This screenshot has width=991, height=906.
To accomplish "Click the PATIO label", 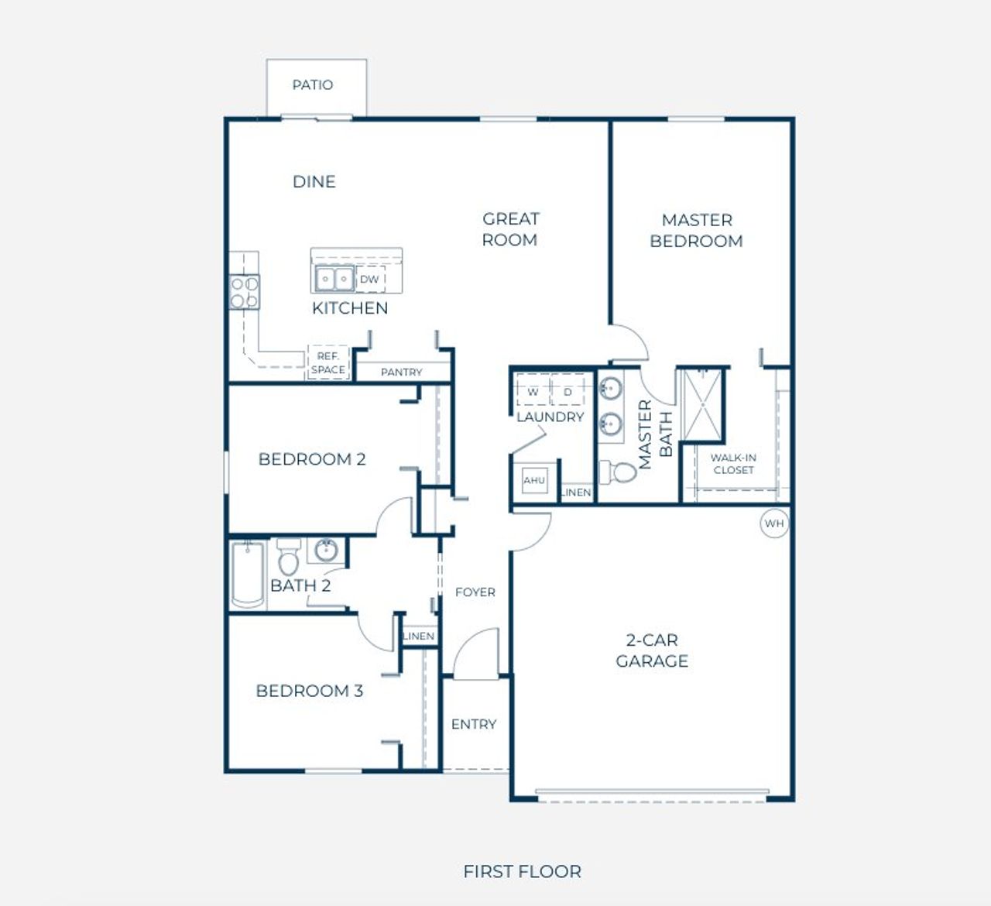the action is tap(313, 85).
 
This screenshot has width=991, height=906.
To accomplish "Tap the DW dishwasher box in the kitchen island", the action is tap(370, 280).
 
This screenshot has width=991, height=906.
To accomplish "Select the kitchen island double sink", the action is tap(335, 280).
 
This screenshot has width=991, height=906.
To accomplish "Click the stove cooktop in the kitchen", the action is tap(245, 292).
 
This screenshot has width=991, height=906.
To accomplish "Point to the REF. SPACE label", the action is tap(328, 363).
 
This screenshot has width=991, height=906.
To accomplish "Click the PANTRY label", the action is tap(402, 372).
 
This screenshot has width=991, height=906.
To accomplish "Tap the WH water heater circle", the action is tap(774, 523).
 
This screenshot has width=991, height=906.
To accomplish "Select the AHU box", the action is tap(534, 480).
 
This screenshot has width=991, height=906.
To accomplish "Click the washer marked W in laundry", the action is tap(533, 390).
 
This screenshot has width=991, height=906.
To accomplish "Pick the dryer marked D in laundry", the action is tap(568, 390).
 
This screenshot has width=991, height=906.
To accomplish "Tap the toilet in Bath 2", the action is tap(289, 557).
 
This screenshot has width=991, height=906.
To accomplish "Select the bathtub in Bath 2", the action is tap(248, 574).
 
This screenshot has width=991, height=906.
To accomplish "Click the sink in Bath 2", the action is tap(326, 550).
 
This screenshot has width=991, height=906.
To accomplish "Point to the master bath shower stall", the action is tap(702, 405).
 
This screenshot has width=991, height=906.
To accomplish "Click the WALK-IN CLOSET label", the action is tap(734, 464).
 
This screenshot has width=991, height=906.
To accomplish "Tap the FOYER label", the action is tap(475, 592).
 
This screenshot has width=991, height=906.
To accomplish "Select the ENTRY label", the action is tap(474, 724).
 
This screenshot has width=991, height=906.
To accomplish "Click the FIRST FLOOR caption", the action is tap(522, 871).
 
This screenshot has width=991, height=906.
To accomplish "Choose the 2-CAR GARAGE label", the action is tap(652, 650).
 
